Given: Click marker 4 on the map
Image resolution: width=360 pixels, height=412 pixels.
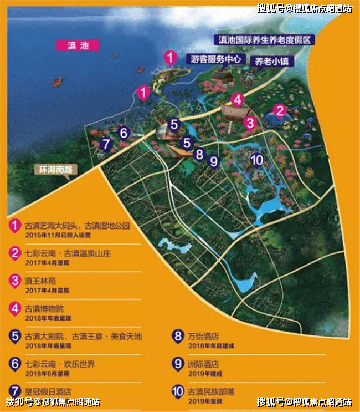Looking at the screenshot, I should (x=238, y=100).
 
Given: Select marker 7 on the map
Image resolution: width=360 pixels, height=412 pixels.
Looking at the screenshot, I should (x=107, y=144).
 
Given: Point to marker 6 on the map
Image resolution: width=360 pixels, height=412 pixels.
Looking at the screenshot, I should (x=125, y=133).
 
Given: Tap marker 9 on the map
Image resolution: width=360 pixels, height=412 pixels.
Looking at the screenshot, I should (x=213, y=161).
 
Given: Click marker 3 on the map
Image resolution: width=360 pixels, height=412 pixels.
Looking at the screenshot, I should (x=250, y=122).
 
